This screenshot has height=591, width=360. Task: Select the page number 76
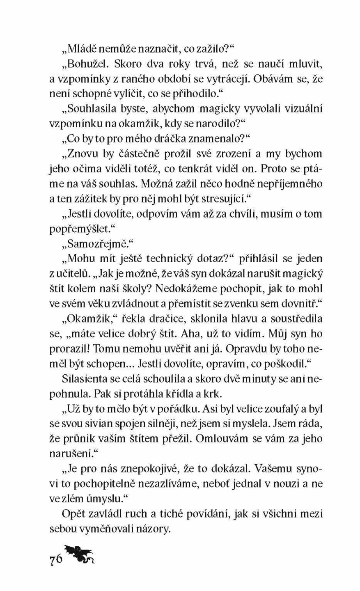[55, 560]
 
